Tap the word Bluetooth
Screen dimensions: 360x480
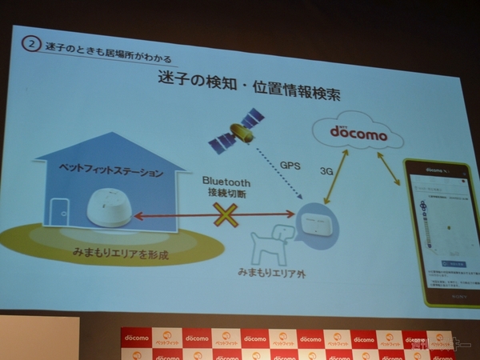coord(226,181)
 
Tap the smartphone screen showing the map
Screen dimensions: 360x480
coord(444,232)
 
